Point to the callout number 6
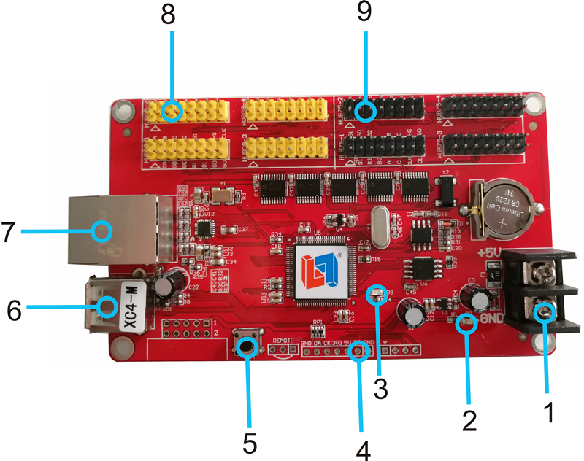(x=12, y=306)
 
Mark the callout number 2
(x=468, y=419)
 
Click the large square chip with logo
(x=318, y=271)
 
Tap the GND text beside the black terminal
(x=491, y=319)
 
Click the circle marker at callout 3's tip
(x=377, y=293)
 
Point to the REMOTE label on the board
(x=284, y=340)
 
